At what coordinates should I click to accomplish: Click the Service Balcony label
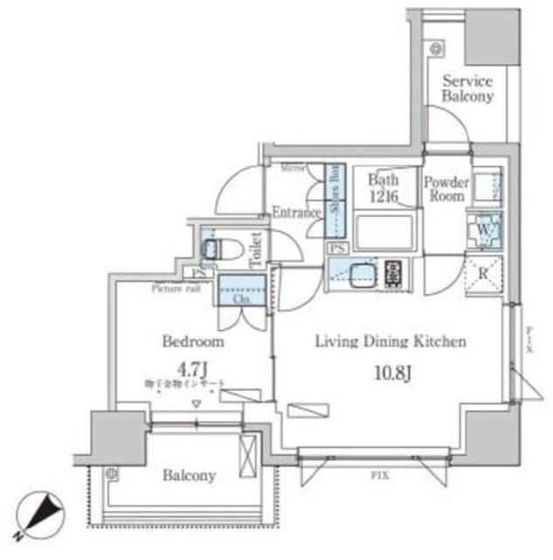(x=467, y=88)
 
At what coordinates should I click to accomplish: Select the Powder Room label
(x=446, y=189)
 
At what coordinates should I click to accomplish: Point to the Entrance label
(x=293, y=213)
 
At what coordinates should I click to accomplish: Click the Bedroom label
(x=192, y=341)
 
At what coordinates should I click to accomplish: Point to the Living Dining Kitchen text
(x=391, y=341)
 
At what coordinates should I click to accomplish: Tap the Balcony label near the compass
(x=189, y=476)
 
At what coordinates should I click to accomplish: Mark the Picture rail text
(x=175, y=287)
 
